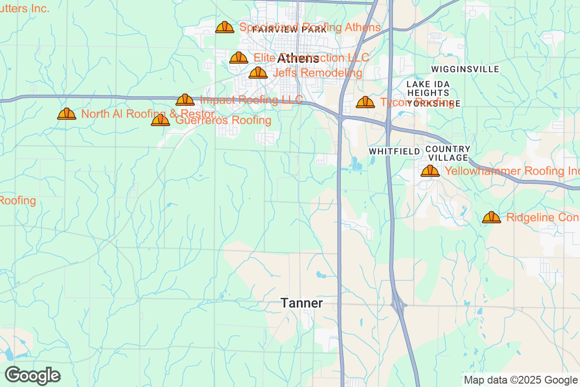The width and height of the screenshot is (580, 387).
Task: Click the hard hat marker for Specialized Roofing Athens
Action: [225, 28]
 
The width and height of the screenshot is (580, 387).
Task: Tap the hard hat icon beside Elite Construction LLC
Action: [239, 58]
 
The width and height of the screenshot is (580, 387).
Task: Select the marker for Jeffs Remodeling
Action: [258, 73]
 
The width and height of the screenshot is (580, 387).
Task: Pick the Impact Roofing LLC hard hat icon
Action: [185, 100]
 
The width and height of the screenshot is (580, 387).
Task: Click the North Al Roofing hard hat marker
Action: [67, 114]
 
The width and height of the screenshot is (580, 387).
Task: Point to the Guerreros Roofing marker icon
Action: [160, 120]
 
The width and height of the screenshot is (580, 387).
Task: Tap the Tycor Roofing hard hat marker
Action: [365, 103]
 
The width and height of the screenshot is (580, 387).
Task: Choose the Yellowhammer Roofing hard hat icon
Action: [430, 171]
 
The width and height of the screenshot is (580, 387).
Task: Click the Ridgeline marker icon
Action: [492, 218]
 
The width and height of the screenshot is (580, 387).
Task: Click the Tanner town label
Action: [302, 303]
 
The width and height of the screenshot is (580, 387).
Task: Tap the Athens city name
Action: [298, 59]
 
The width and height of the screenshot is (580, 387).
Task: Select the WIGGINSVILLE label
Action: [465, 70]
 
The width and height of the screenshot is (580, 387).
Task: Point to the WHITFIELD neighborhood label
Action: [394, 151]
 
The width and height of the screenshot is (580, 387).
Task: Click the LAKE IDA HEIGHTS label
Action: [428, 88]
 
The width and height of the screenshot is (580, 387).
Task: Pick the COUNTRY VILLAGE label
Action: [448, 153]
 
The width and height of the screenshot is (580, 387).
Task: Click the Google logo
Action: [33, 375]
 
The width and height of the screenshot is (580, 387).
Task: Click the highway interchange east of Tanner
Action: [398, 305]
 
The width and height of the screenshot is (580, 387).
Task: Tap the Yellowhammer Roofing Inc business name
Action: [511, 171]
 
